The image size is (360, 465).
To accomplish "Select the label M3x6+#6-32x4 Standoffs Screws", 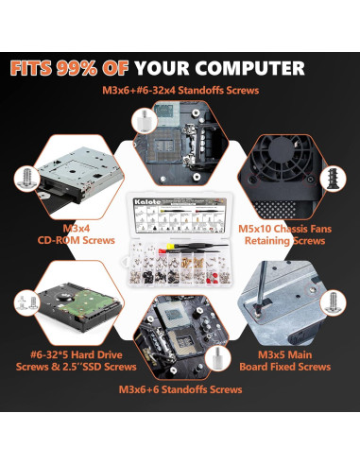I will tap(180, 91).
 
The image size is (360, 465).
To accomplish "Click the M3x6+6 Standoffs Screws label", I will tap(180, 388).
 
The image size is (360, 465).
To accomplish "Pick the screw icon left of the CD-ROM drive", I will tap(25, 177).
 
